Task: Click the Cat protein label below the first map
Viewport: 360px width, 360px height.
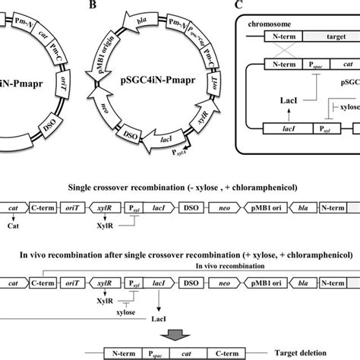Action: click(x=11, y=226)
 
